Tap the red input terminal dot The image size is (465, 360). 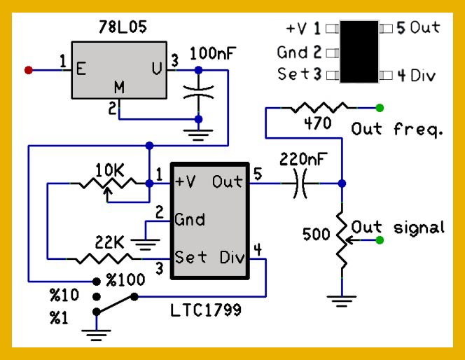(x=29, y=69)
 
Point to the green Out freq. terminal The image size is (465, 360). (x=380, y=108)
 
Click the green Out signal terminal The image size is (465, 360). (x=380, y=241)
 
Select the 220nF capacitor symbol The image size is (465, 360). (x=303, y=184)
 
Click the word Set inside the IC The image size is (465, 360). (x=191, y=257)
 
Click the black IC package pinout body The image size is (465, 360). (x=359, y=52)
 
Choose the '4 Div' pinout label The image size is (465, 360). (x=417, y=75)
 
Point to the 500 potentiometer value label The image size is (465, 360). (x=317, y=235)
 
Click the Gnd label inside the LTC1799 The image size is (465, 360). (x=190, y=220)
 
